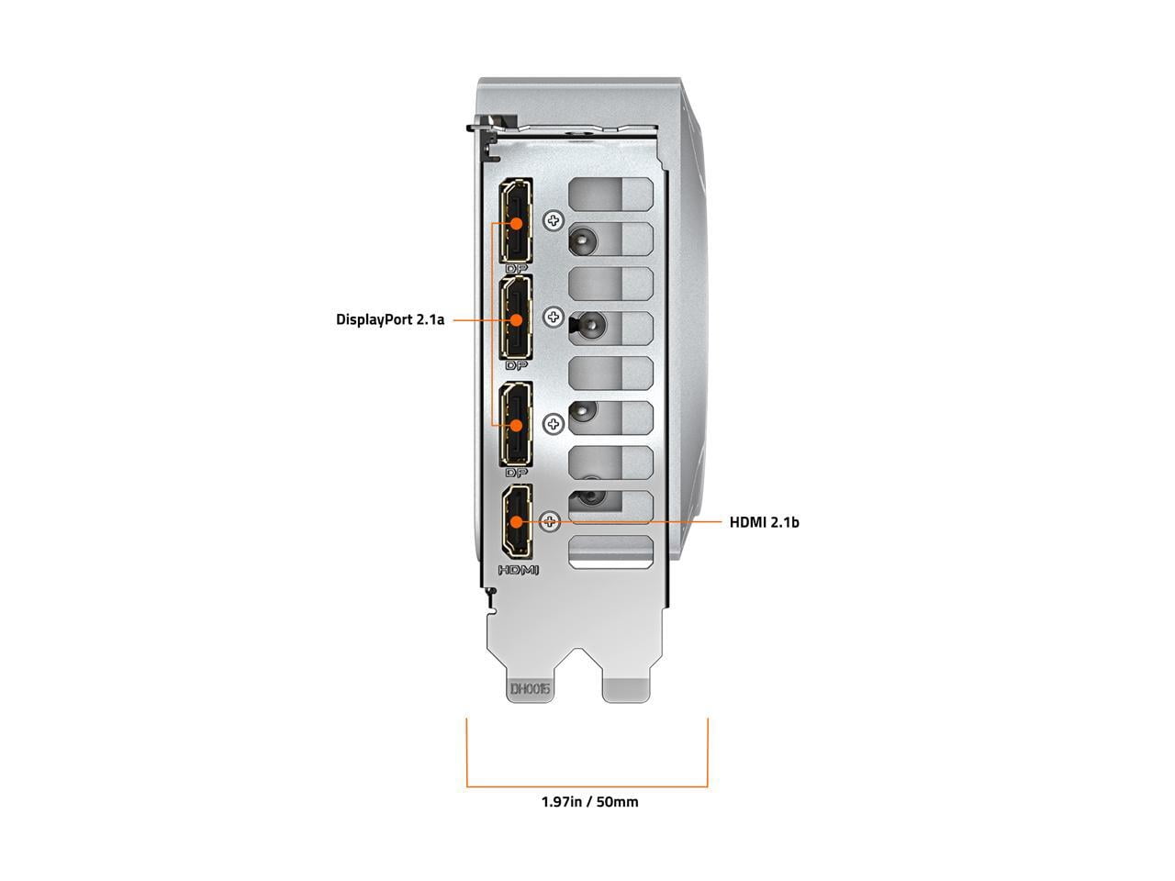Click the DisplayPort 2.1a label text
pos(390,319)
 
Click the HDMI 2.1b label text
pos(764,522)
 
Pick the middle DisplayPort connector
pos(516,318)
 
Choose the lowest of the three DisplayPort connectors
pos(516,424)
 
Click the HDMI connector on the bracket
pos(517,521)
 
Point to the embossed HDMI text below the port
pos(518,570)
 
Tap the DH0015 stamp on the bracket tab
pos(530,688)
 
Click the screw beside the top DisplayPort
pos(554,220)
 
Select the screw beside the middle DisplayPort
pos(554,318)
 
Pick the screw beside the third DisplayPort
pos(554,424)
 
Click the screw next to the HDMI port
pos(550,521)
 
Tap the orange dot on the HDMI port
pos(516,521)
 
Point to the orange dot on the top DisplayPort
pos(516,222)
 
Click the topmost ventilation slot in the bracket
pos(610,195)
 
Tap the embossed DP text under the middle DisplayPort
pos(516,366)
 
